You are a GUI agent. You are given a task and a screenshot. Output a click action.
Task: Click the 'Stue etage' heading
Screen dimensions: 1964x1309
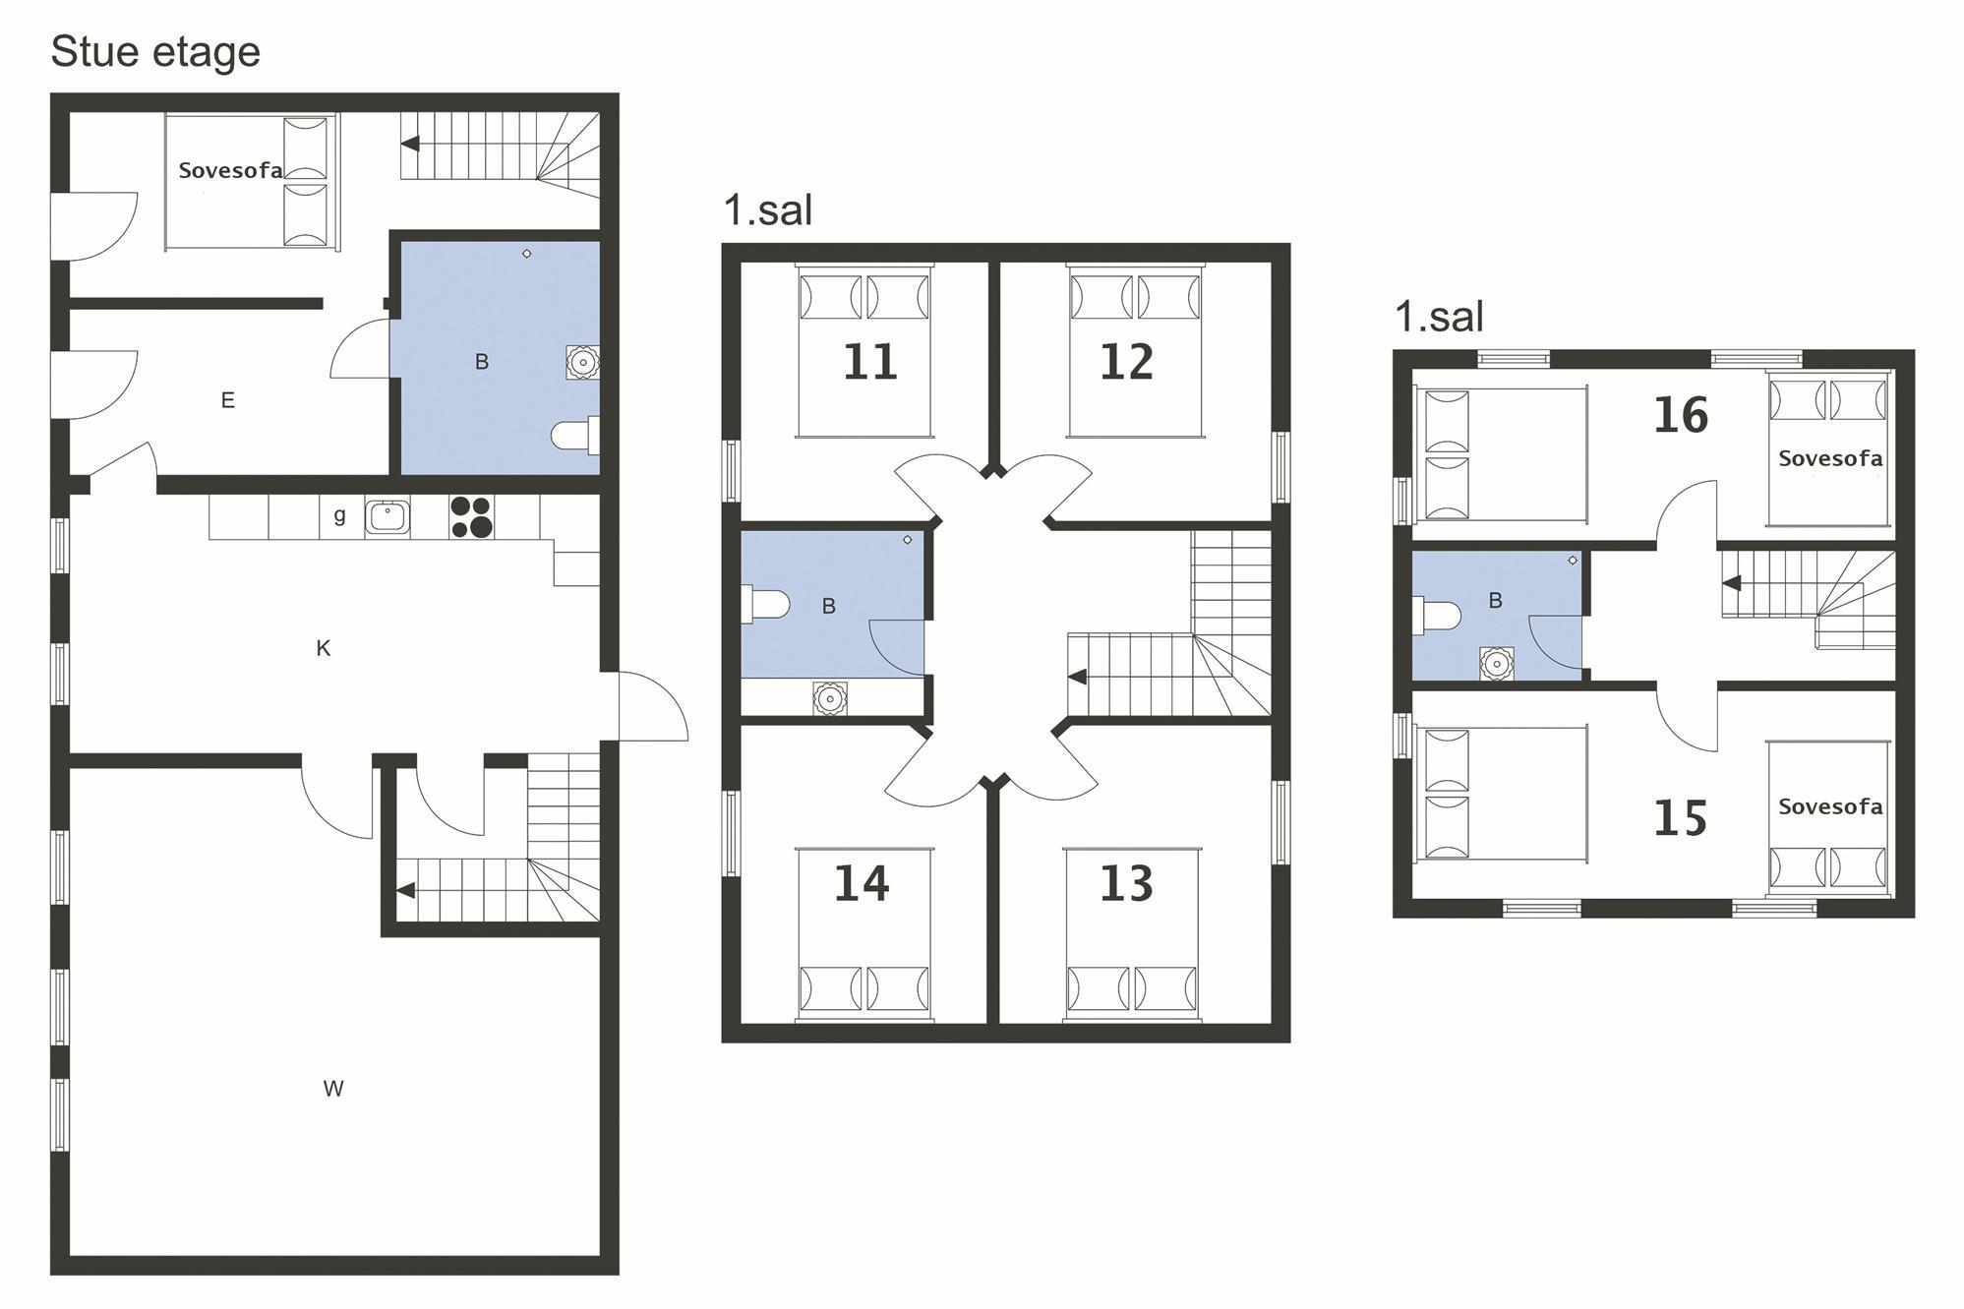(x=155, y=52)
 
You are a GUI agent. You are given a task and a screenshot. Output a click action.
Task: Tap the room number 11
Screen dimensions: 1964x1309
(x=870, y=362)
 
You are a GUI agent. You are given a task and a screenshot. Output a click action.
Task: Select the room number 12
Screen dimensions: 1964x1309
(x=1126, y=362)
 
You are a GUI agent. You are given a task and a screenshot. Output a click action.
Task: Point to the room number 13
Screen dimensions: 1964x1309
(x=1126, y=883)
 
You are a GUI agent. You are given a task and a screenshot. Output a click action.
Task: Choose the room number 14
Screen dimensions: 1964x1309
(x=862, y=883)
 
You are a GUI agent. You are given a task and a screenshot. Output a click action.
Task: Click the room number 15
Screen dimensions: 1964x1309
(x=1680, y=818)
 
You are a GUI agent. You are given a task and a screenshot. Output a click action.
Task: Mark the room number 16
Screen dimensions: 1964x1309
(x=1681, y=415)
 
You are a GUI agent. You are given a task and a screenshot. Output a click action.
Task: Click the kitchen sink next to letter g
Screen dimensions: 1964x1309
(x=387, y=516)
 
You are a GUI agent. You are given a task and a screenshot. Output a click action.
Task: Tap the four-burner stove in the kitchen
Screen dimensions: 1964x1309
(x=471, y=517)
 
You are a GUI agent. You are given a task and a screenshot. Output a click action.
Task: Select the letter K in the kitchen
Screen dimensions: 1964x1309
(x=323, y=648)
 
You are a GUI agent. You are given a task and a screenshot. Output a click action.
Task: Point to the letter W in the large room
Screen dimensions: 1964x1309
(x=333, y=1089)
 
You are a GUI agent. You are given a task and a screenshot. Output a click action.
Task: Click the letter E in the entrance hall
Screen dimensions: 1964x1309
(x=227, y=400)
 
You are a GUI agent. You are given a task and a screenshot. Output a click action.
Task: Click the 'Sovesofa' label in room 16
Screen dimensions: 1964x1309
(x=1830, y=458)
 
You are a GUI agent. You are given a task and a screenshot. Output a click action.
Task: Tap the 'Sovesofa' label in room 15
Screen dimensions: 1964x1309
(x=1830, y=806)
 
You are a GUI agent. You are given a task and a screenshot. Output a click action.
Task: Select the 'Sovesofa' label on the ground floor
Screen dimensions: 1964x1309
(x=230, y=170)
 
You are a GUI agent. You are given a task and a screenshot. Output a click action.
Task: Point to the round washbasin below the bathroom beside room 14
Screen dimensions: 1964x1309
(x=830, y=698)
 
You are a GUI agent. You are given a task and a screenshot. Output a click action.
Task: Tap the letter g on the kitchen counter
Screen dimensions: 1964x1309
(x=339, y=516)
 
